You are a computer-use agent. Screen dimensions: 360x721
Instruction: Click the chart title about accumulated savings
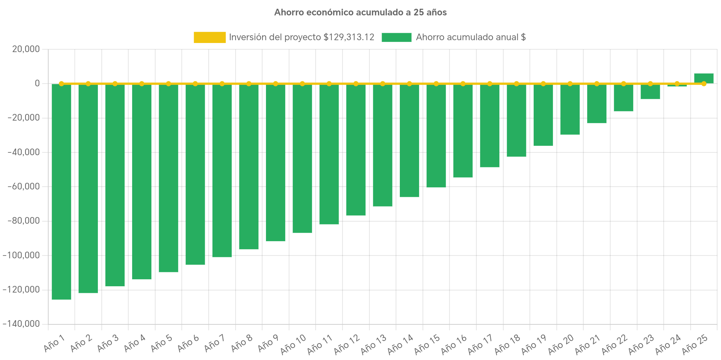[360, 13]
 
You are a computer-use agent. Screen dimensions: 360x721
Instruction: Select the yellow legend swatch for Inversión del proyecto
[209, 37]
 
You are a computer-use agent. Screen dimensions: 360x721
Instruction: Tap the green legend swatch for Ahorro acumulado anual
[396, 37]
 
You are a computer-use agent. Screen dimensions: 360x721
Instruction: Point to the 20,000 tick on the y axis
[26, 49]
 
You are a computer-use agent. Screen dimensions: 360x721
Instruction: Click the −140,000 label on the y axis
[21, 324]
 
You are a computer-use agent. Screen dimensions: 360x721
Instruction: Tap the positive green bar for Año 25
[704, 78]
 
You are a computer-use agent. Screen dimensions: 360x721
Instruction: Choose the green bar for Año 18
[516, 120]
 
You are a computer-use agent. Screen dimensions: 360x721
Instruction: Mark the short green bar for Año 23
[650, 92]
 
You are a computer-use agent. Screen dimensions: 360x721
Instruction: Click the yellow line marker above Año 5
[168, 84]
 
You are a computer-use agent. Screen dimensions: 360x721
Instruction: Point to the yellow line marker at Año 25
[704, 84]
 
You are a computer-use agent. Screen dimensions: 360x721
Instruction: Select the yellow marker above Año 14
[409, 84]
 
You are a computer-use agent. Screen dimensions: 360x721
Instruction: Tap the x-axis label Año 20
[561, 344]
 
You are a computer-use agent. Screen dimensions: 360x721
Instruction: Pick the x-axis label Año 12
[346, 344]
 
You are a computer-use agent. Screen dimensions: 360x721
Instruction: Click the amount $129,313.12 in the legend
[349, 37]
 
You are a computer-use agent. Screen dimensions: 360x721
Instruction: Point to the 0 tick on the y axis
[37, 83]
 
